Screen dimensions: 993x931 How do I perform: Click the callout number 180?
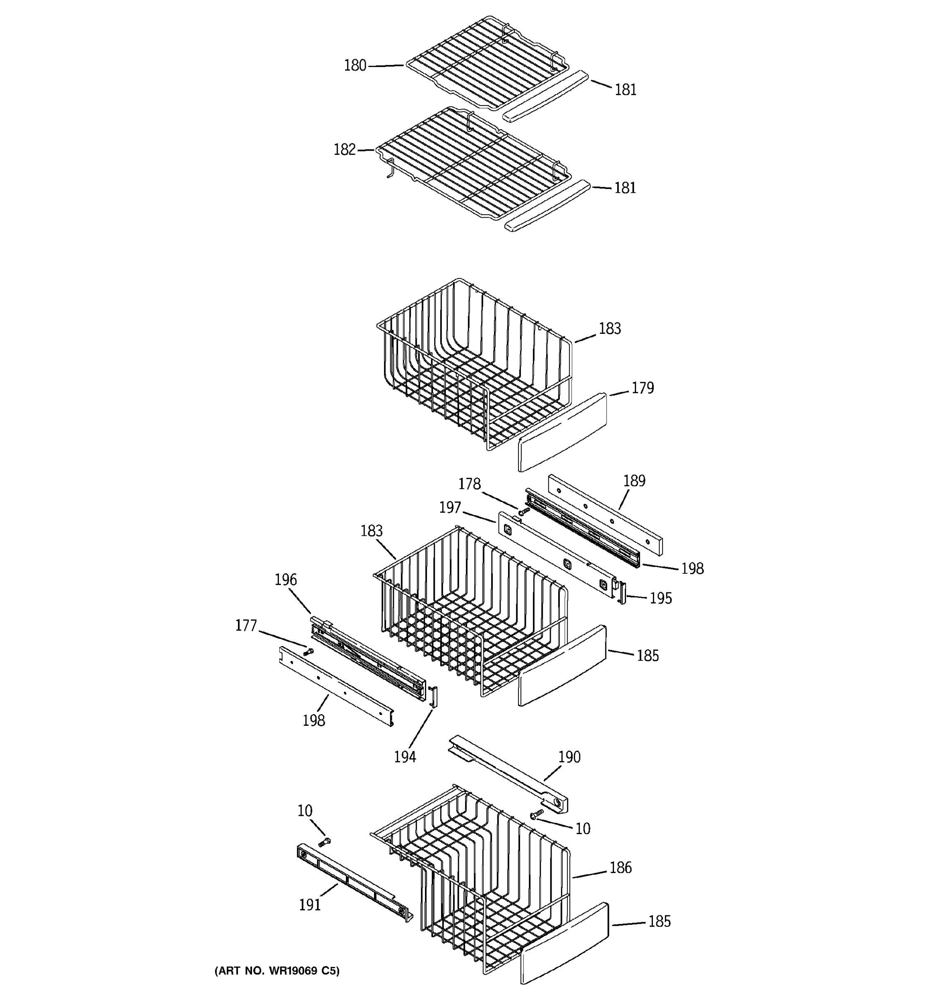355,65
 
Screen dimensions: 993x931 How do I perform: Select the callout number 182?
344,149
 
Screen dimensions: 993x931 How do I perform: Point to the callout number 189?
634,480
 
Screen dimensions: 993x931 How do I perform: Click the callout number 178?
470,484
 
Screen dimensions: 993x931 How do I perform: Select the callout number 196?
286,579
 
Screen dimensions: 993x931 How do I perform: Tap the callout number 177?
246,625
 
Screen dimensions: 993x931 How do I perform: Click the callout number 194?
405,757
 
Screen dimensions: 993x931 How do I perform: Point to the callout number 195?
660,598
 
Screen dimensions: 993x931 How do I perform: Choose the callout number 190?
569,757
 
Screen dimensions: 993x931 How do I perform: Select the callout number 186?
620,868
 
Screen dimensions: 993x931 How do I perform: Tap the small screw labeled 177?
309,651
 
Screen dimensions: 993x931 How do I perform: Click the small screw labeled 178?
523,511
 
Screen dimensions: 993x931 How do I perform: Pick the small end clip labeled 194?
434,696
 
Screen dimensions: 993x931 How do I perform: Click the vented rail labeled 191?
355,882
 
